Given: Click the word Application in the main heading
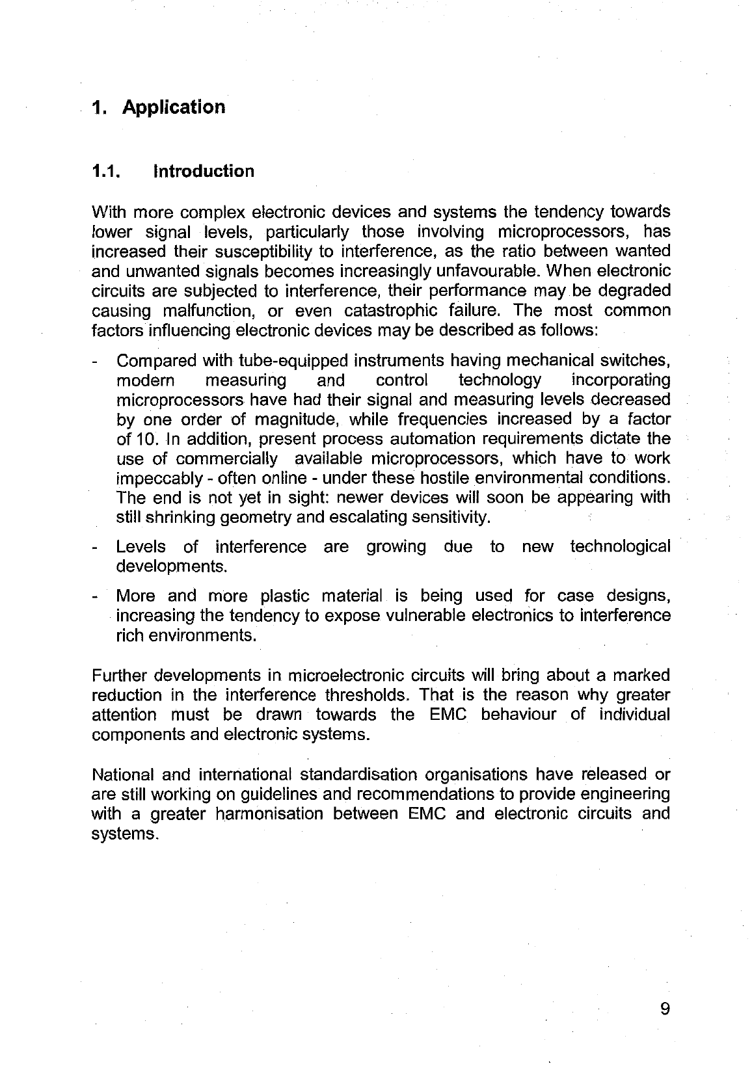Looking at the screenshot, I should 174,107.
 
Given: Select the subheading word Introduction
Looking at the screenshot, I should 204,172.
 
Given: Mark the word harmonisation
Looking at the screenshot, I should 268,814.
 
